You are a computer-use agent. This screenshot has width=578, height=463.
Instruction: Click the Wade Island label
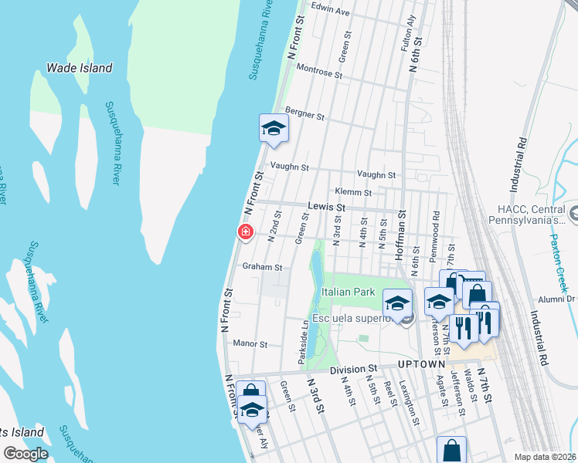coord(79,68)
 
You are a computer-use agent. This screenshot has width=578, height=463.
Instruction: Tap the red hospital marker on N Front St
coord(246,231)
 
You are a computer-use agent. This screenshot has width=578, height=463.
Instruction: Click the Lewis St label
coord(324,208)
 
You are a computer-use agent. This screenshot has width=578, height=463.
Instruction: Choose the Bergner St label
coord(304,114)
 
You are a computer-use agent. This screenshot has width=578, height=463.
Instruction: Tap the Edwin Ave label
coord(331,12)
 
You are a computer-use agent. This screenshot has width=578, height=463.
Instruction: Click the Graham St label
coord(263,267)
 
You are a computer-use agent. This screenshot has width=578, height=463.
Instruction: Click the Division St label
coord(352,370)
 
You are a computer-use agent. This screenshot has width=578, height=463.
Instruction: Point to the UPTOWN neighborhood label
coord(421,364)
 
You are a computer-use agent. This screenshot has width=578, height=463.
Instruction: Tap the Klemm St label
coord(353,192)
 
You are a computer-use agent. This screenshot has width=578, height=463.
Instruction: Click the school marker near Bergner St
coord(273,129)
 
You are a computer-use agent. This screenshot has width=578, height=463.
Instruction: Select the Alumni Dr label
coord(560,299)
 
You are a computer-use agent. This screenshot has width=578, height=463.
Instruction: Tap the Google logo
coord(25,454)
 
